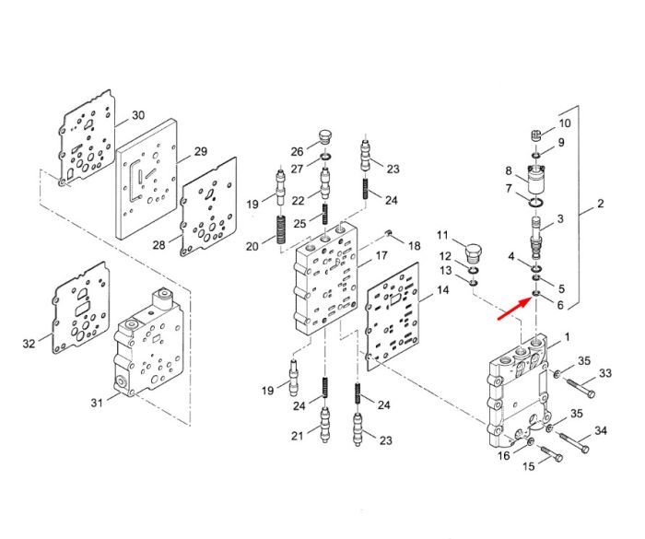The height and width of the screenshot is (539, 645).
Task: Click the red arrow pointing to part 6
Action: (514, 309)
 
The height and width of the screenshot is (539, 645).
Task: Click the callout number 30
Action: (138, 115)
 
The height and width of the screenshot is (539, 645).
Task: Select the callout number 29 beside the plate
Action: (200, 151)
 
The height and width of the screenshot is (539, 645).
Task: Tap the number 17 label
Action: (381, 255)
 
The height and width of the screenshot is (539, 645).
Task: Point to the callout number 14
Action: (442, 290)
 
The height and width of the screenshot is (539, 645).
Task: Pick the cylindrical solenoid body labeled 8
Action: (535, 181)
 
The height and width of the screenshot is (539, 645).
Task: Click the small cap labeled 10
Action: (535, 135)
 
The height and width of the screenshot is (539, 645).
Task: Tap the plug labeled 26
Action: (325, 137)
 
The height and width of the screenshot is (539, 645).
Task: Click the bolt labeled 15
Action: (549, 453)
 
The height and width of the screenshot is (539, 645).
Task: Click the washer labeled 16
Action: (530, 441)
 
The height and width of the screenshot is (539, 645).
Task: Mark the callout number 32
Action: (29, 343)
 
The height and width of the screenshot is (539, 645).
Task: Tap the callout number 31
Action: (96, 402)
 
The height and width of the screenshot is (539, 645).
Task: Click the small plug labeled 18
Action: (388, 234)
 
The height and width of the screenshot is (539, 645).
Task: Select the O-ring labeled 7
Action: (536, 203)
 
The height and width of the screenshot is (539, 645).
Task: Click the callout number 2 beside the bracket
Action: (600, 204)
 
